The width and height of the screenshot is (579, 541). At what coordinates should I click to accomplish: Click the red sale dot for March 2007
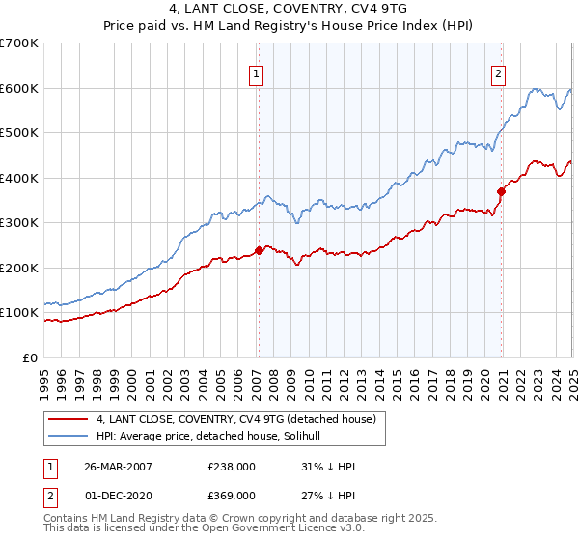click(259, 250)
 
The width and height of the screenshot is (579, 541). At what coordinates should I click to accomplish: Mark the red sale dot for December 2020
click(501, 191)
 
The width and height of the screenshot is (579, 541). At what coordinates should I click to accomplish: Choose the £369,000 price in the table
click(232, 495)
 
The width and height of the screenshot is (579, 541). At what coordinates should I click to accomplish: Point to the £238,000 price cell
click(232, 468)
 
